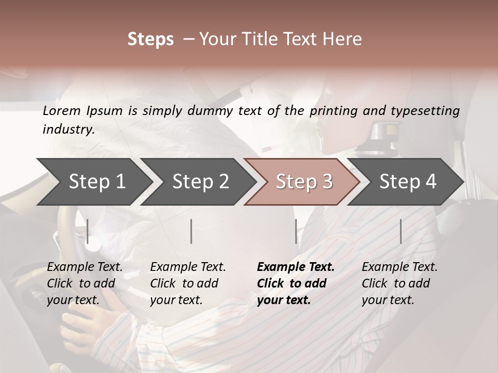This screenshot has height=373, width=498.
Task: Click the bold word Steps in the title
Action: [x=150, y=39]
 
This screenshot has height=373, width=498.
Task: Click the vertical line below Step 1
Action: [x=88, y=231]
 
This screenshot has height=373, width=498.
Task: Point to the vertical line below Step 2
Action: [x=191, y=231]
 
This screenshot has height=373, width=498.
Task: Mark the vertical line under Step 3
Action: [x=296, y=231]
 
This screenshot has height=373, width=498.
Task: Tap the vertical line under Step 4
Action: [x=400, y=231]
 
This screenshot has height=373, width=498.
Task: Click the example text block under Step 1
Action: [x=85, y=283]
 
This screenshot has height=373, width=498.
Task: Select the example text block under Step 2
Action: [x=188, y=283]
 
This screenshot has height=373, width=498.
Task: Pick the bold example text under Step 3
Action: [x=295, y=283]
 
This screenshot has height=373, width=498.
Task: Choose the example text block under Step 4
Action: [x=399, y=283]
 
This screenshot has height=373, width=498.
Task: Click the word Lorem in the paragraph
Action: [x=62, y=110]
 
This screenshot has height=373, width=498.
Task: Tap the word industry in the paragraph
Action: [x=68, y=130]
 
